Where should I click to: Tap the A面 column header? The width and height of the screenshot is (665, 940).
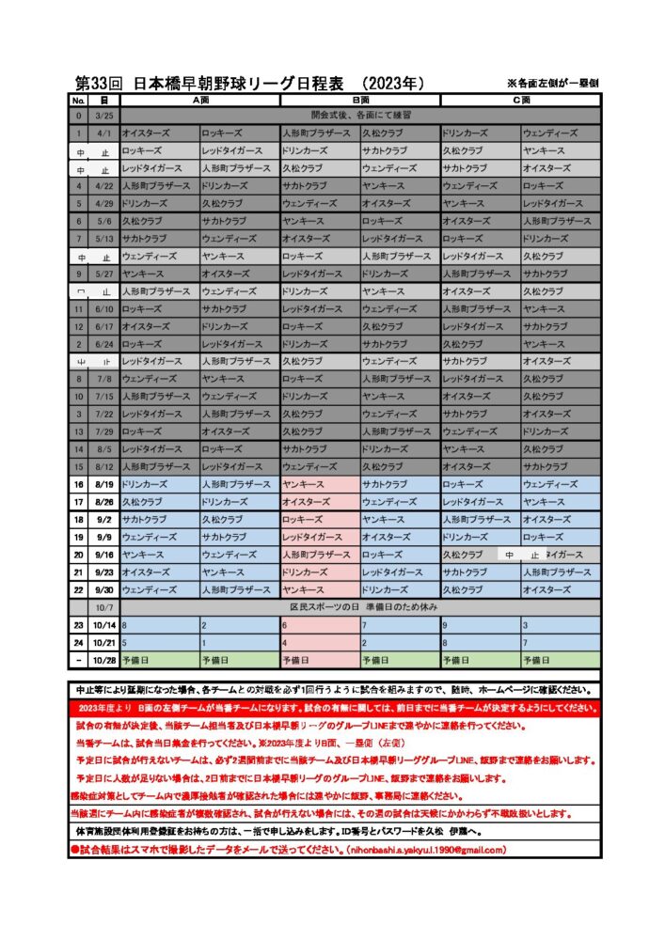click(x=199, y=100)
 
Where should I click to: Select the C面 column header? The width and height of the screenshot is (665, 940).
click(x=520, y=100)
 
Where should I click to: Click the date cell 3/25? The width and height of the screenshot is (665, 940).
click(x=103, y=116)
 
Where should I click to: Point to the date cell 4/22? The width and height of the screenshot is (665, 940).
click(x=103, y=186)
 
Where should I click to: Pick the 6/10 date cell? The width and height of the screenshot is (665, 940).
click(x=103, y=308)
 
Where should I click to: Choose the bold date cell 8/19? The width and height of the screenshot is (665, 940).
click(x=103, y=484)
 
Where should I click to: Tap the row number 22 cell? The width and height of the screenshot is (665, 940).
click(x=79, y=589)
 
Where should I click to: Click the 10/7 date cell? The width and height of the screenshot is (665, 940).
click(x=103, y=607)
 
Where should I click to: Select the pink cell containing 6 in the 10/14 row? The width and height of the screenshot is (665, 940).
click(x=319, y=624)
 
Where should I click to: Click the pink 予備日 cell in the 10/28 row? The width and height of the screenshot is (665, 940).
click(x=319, y=660)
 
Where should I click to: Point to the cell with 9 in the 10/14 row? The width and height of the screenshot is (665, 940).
click(x=480, y=624)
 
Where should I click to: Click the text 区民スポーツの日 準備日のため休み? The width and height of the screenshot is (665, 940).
click(x=360, y=607)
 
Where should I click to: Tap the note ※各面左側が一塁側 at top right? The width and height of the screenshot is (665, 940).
click(x=553, y=84)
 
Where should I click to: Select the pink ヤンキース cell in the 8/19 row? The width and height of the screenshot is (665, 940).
click(x=319, y=484)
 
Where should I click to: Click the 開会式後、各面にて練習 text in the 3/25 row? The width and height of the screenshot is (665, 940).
click(x=360, y=116)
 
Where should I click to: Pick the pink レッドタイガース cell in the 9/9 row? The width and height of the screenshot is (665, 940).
click(x=319, y=537)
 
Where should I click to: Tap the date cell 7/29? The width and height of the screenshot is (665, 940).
click(x=103, y=431)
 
